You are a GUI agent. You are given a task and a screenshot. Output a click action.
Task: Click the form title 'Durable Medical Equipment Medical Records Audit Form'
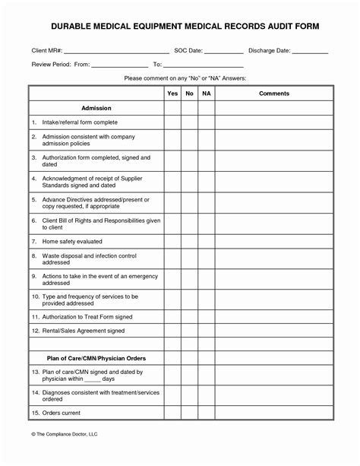click(x=180, y=27)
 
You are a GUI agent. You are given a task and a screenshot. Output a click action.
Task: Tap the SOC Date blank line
click(x=224, y=52)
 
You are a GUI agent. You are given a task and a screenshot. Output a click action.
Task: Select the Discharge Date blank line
click(x=310, y=52)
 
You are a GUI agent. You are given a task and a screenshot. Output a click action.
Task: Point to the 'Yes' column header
click(x=172, y=93)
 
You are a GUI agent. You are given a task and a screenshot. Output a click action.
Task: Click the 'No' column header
click(x=189, y=93)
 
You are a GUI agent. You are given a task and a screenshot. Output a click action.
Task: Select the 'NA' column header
click(x=206, y=93)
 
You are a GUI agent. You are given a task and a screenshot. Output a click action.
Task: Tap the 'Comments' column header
click(x=273, y=93)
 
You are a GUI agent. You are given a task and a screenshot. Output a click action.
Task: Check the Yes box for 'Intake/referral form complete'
click(x=172, y=122)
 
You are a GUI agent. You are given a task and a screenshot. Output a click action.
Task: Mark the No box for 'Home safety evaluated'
click(x=189, y=241)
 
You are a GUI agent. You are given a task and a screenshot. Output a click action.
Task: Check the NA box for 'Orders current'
click(x=206, y=414)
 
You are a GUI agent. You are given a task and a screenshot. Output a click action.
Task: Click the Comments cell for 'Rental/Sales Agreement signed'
click(x=273, y=330)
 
